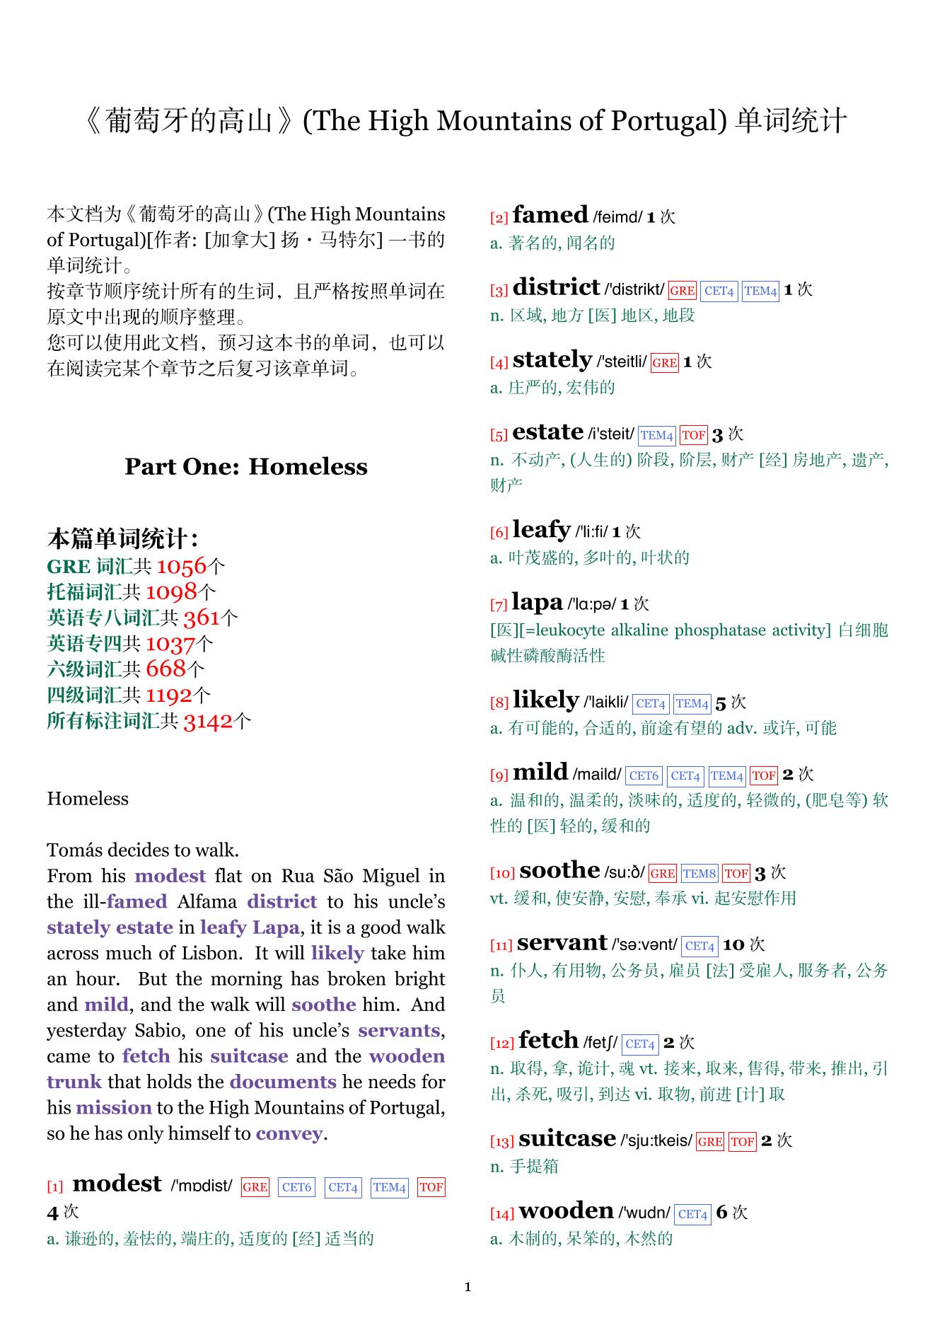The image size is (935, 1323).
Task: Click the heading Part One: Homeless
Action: point(246,467)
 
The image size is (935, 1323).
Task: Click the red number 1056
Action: point(181,566)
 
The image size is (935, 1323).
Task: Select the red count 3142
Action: point(208,721)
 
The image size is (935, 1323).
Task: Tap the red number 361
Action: point(202,618)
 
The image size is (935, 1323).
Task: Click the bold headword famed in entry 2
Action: point(550,215)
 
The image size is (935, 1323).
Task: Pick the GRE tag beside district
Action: point(682,291)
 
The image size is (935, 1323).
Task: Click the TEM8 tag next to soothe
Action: point(699,874)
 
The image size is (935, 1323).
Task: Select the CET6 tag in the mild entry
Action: point(644,776)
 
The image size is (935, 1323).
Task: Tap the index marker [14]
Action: point(501,1214)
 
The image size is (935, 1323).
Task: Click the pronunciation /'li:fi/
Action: point(591,532)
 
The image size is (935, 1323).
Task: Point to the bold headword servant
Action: point(562,943)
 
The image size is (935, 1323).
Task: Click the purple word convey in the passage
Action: point(289,1133)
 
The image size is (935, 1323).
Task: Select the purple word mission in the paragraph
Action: point(114,1107)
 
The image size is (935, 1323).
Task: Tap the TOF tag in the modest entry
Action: point(431,1187)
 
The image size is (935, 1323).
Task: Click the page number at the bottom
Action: point(467,1287)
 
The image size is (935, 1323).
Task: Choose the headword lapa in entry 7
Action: point(537,603)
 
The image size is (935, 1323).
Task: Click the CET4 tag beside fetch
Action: point(640,1044)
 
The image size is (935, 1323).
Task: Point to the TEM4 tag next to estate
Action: point(656,435)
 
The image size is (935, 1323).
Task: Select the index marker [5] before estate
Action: point(499,435)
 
